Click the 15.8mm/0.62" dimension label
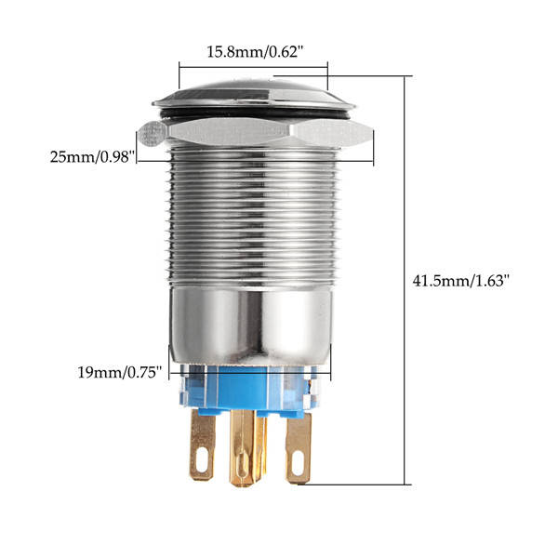[255, 52]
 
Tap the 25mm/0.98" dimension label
[92, 157]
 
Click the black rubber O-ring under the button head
[255, 114]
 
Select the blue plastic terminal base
[248, 388]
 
